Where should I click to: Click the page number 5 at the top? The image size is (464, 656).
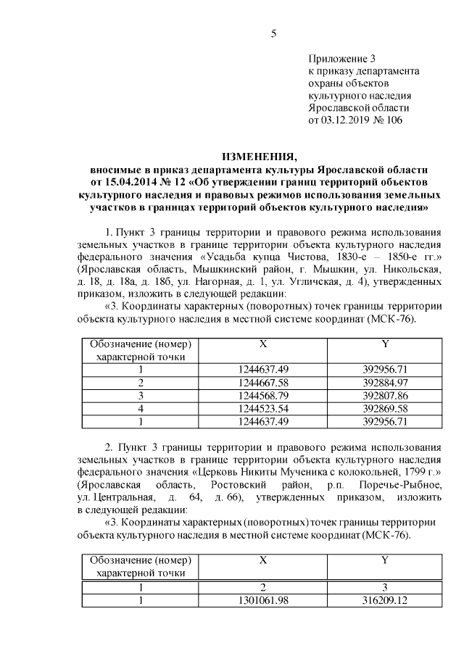[x=273, y=33]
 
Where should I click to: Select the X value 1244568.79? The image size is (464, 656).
[x=263, y=394]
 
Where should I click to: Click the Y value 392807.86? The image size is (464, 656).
[x=386, y=394]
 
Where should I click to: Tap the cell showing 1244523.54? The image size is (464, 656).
[x=263, y=407]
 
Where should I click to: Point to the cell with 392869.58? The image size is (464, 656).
[x=386, y=407]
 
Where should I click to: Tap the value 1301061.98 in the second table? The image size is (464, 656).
[x=263, y=599]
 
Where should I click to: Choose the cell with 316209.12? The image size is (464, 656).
[x=386, y=599]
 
